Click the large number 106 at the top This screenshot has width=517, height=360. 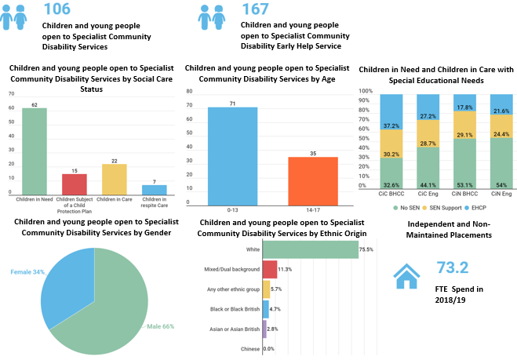(x=57, y=9)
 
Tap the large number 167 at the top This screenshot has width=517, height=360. (x=256, y=9)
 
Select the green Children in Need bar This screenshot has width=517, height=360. (x=35, y=151)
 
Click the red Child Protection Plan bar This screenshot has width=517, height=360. (x=75, y=184)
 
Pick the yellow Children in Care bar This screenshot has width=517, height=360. (x=115, y=180)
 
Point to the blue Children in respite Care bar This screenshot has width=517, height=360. (x=155, y=190)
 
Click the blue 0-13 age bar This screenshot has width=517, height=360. (x=232, y=156)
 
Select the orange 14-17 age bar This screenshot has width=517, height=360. (x=313, y=181)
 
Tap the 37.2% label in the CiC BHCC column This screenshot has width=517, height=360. (x=391, y=126)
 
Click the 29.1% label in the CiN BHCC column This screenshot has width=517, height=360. (x=464, y=135)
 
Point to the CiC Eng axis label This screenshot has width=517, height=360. (x=428, y=194)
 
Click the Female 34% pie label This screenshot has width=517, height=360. (x=27, y=272)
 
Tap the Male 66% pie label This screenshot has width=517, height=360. (x=161, y=326)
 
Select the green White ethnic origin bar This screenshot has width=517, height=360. (x=311, y=249)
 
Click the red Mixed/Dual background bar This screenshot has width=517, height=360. (x=270, y=269)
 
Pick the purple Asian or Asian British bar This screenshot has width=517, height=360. (x=264, y=329)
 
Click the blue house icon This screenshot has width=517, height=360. (x=406, y=276)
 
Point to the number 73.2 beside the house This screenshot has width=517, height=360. (x=453, y=267)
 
